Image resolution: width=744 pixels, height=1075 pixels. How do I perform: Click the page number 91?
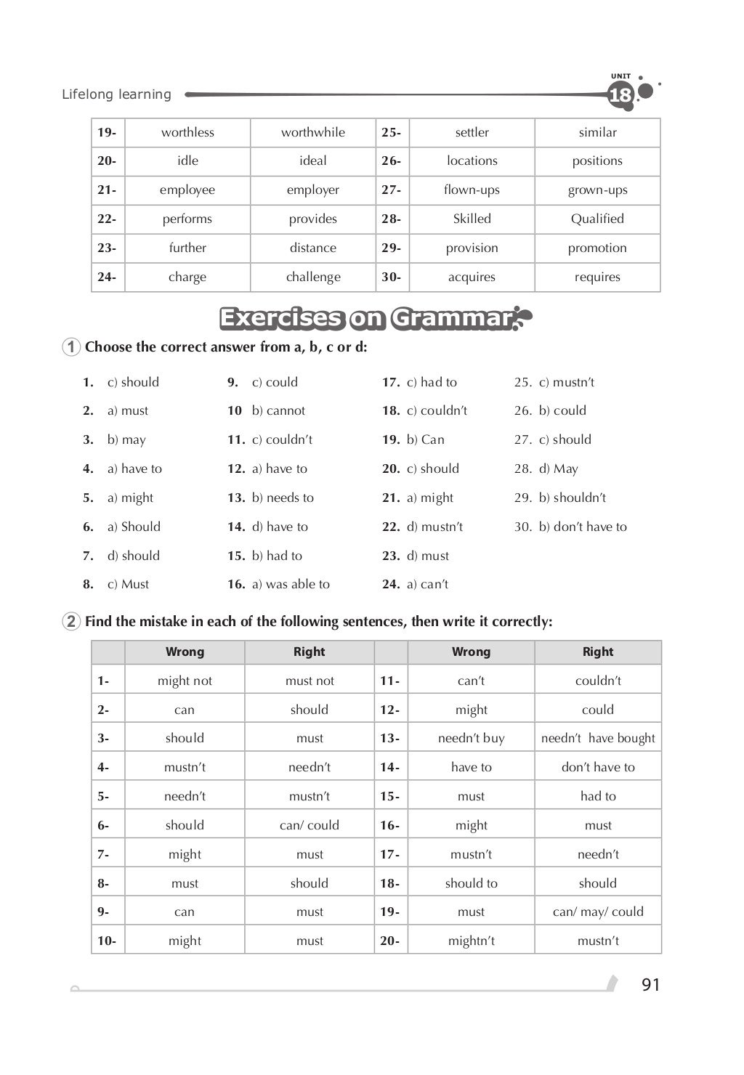(651, 984)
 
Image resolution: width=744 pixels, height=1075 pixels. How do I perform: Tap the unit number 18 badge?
(621, 95)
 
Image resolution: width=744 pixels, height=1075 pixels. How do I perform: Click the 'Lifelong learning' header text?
(116, 94)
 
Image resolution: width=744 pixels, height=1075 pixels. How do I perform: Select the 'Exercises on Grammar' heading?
(366, 318)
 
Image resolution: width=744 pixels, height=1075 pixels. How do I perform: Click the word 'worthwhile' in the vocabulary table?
(313, 132)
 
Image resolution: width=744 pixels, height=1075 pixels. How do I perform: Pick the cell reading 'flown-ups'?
(472, 190)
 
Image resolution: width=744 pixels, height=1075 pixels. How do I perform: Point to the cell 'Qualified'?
(597, 219)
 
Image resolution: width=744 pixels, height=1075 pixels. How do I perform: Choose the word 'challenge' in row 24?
(313, 277)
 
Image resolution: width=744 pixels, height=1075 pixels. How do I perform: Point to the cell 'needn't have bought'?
(598, 738)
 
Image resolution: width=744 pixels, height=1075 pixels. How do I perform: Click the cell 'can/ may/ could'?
(598, 912)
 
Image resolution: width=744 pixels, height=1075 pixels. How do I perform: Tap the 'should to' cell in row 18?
(471, 883)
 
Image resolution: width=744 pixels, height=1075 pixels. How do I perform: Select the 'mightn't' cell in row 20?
(471, 941)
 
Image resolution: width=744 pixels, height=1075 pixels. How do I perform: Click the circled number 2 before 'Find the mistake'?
(71, 622)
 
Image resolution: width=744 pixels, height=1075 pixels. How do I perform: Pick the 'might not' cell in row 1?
(185, 681)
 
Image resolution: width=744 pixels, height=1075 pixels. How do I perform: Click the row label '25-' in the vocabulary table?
(392, 132)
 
